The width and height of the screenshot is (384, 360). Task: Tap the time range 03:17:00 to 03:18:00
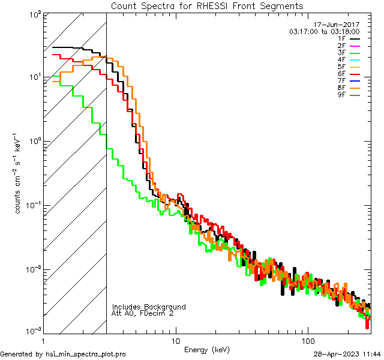324,31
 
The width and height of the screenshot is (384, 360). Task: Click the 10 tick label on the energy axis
175,340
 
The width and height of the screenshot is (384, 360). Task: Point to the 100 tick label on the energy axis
308,340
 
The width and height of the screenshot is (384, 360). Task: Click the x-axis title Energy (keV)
206,349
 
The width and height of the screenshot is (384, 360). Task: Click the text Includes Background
149,307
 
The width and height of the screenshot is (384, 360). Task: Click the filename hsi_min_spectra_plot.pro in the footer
86,354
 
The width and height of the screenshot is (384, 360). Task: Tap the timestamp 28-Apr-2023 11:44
347,354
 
